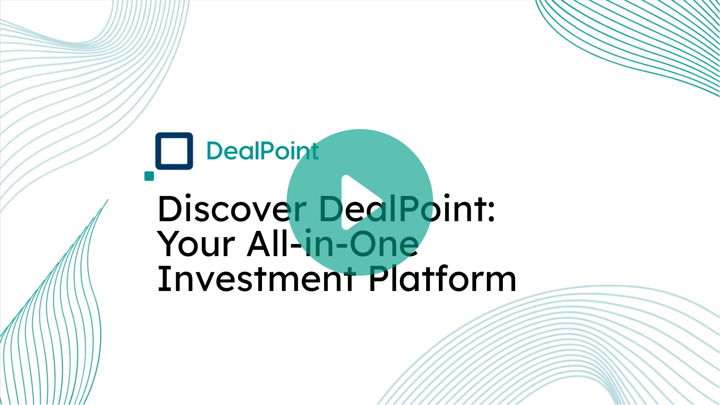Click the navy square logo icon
click(x=174, y=151)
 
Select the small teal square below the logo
click(x=149, y=176)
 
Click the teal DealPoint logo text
click(x=262, y=151)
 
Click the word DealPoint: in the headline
click(x=407, y=209)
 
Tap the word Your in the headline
click(x=196, y=244)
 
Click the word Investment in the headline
click(x=255, y=279)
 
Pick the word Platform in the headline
click(x=442, y=279)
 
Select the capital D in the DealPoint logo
click(x=215, y=151)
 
